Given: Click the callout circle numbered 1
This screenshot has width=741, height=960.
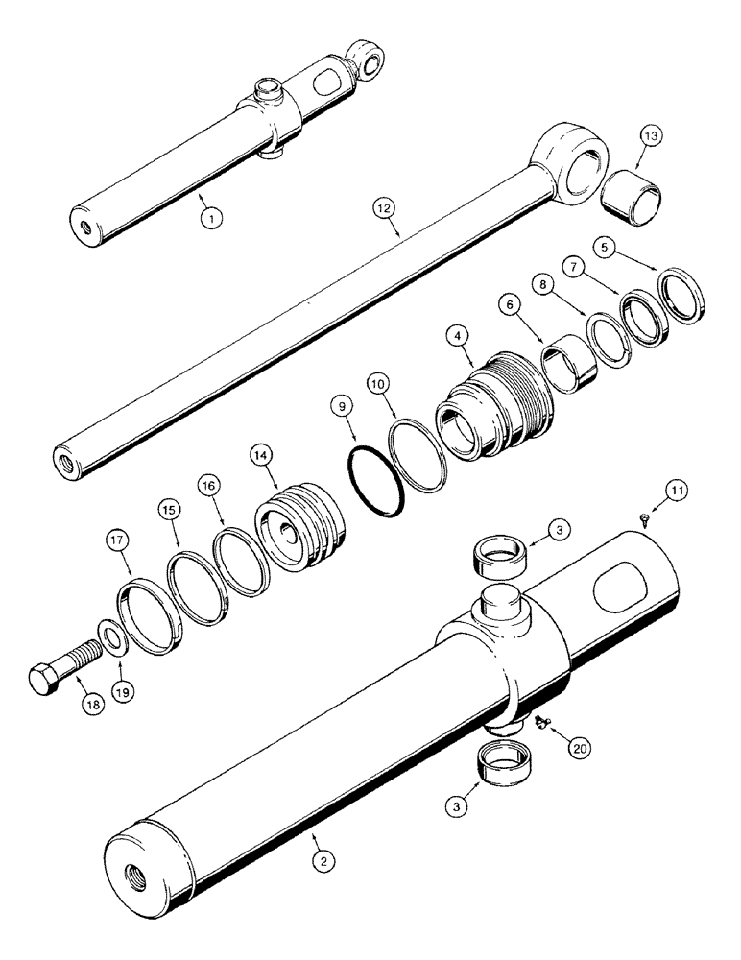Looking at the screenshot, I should point(212,217).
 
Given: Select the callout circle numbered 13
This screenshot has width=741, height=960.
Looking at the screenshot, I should point(651,138).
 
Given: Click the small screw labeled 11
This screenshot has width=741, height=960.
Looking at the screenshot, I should point(643,519).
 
